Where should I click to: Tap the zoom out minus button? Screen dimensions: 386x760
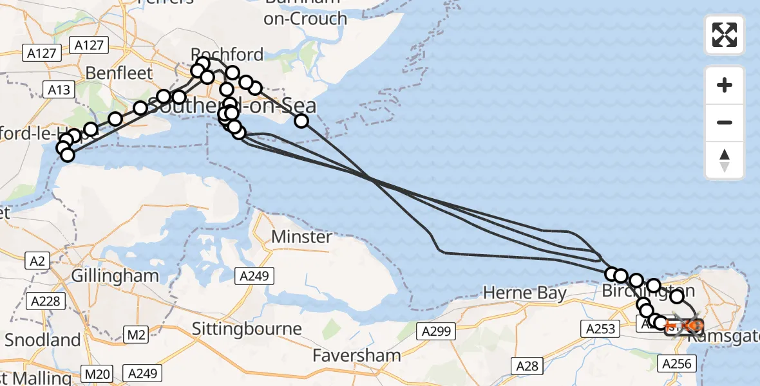pyautogui.click(x=725, y=122)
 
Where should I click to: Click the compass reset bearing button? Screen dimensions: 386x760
pyautogui.click(x=725, y=160)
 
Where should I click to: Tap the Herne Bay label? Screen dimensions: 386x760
pyautogui.click(x=525, y=293)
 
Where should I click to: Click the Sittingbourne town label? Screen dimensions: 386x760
pyautogui.click(x=247, y=329)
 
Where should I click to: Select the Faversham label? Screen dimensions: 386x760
pyautogui.click(x=356, y=354)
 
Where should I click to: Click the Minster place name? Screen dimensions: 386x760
pyautogui.click(x=301, y=237)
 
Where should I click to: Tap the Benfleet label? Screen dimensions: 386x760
pyautogui.click(x=119, y=72)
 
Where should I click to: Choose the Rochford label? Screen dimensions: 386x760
pyautogui.click(x=227, y=54)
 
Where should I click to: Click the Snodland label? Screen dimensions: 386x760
pyautogui.click(x=43, y=340)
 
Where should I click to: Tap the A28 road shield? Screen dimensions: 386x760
pyautogui.click(x=527, y=366)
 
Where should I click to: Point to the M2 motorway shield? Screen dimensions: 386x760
pyautogui.click(x=137, y=335)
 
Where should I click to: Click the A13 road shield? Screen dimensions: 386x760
pyautogui.click(x=59, y=89)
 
